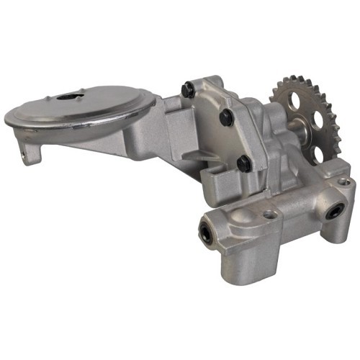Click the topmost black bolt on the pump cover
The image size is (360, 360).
pos(188,89)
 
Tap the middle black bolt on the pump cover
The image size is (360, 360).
pos(225,116)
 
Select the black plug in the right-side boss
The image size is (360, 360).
pos(336,212)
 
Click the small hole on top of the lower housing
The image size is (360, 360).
pos(270,214)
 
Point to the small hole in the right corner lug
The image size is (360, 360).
pos(344,181)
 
